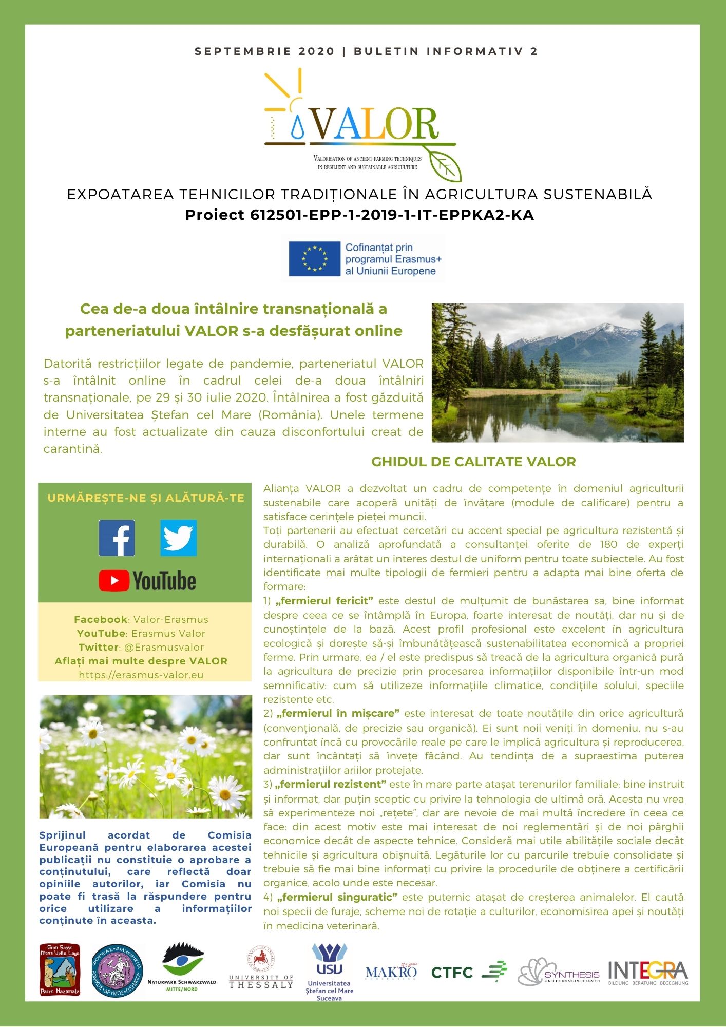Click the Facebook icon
pos(117,538)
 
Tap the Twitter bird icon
pos(178,538)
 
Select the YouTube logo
pos(147,581)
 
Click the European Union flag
pos(314,258)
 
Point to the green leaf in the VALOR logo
pos(445,165)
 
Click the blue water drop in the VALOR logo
pos(297,128)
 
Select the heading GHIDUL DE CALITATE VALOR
pos(473,462)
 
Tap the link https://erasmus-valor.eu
pos(141,675)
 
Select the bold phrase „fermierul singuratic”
pos(337,897)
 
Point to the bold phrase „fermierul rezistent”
pos(331,784)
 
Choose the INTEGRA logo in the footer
pos(647,972)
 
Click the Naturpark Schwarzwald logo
pos(182,966)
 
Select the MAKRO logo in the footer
pos(391,971)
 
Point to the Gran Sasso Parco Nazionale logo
pos(60,969)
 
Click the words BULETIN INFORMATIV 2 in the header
pos(446,51)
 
